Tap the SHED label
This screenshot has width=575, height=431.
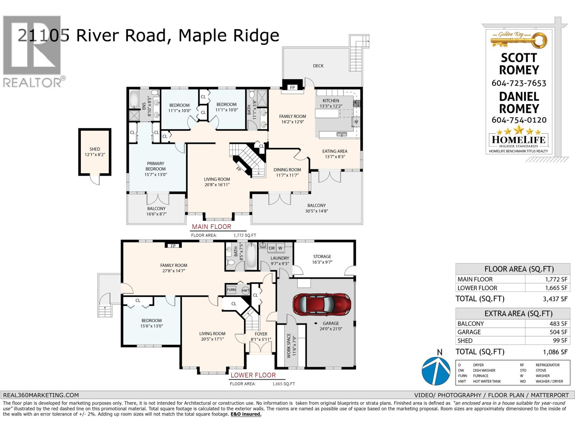tap(95, 149)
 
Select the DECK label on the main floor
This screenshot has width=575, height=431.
tap(318, 66)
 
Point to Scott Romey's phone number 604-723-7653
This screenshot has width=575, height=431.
tap(519, 83)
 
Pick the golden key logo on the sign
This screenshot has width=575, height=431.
tap(519, 40)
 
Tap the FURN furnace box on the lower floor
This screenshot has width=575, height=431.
tap(231, 290)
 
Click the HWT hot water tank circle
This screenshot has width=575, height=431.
tap(245, 291)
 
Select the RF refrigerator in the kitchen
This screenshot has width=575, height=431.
tap(356, 122)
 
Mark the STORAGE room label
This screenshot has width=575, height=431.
tap(322, 256)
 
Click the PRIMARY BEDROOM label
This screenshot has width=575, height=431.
tap(156, 166)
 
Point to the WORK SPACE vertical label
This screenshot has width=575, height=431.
tap(289, 345)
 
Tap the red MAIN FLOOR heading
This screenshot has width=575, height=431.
tap(211, 227)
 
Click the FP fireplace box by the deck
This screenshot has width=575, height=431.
tap(292, 87)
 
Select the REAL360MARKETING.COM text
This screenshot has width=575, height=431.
tap(41, 395)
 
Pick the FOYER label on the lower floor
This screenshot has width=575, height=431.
tap(261, 334)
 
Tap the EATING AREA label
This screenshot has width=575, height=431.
tap(335, 151)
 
